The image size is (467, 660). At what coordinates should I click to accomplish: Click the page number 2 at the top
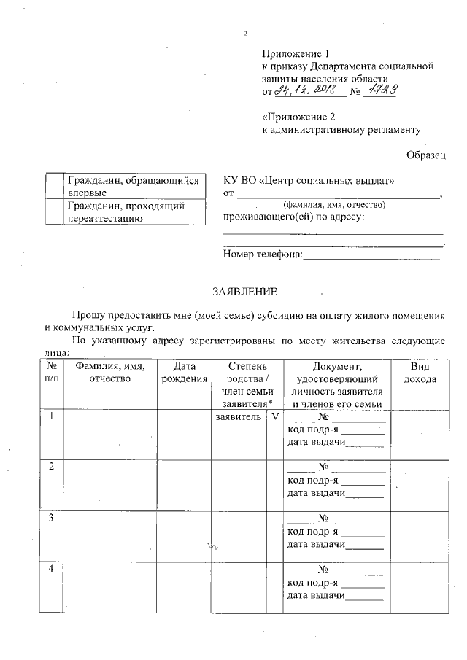pos(245,34)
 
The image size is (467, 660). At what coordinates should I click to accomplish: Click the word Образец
pos(425,154)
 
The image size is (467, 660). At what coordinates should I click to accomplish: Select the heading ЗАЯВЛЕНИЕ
pos(244,292)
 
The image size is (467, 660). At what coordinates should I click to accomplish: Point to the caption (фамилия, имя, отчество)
pos(335,205)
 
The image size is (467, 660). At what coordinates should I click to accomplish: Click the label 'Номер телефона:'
pos(262,255)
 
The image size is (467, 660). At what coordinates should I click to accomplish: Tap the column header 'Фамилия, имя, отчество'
pos(109,373)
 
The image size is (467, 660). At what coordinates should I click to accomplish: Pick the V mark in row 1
pos(275,418)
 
